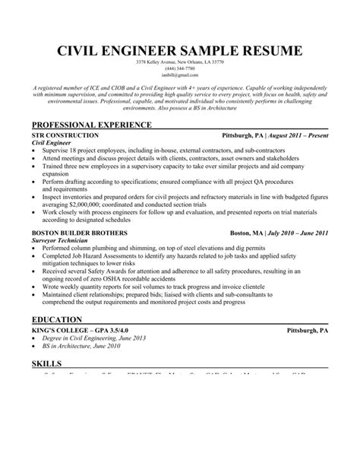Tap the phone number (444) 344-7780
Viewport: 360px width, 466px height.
pyautogui.click(x=180, y=68)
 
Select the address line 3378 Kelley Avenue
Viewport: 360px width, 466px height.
pyautogui.click(x=180, y=62)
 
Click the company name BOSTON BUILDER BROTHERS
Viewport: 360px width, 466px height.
pyautogui.click(x=79, y=233)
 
